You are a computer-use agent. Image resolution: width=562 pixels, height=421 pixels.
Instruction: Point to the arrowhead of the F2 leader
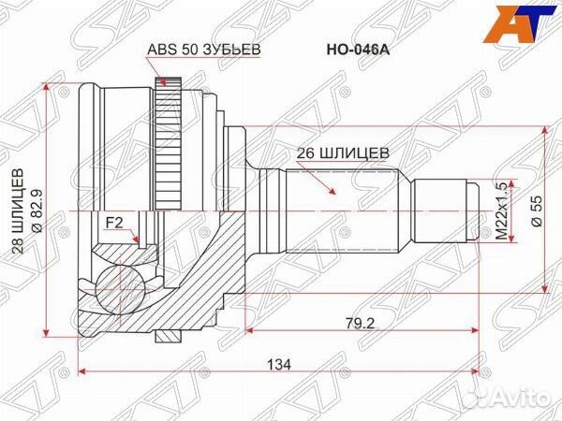click(x=139, y=244)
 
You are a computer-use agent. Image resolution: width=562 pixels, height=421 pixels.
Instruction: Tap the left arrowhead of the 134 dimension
click(x=82, y=371)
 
